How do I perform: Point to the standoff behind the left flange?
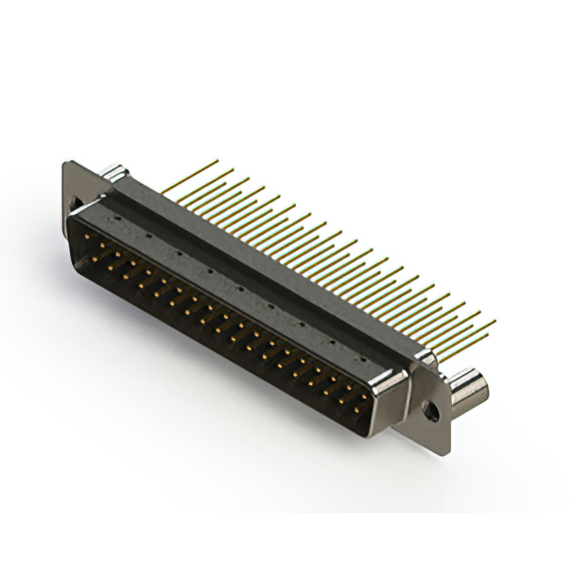[x=112, y=173]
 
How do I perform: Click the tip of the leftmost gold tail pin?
[x=218, y=162]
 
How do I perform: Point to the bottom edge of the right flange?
[x=432, y=441]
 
